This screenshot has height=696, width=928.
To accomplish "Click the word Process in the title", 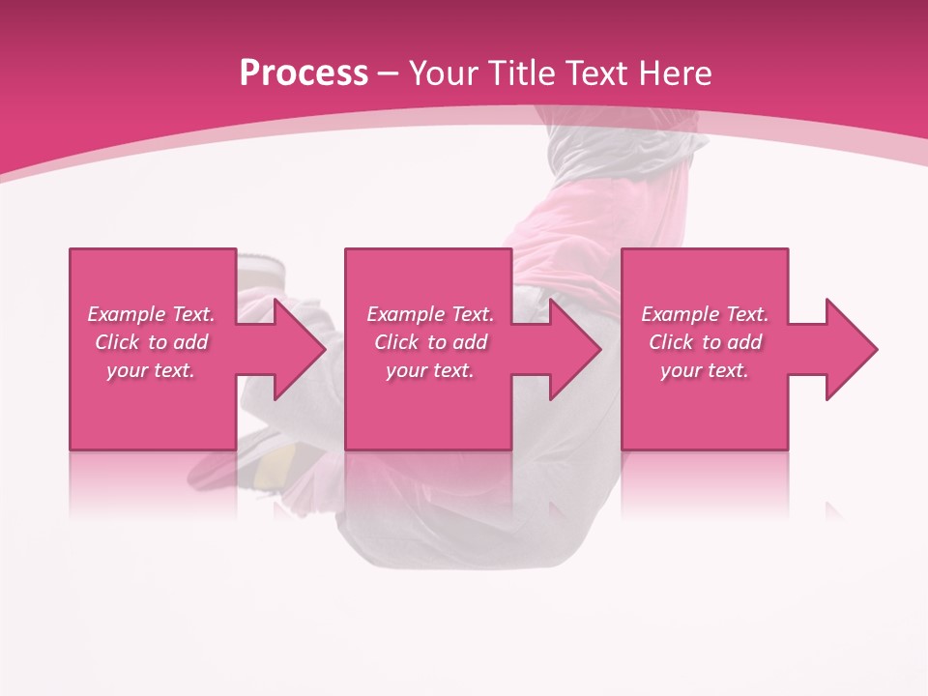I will (x=304, y=73).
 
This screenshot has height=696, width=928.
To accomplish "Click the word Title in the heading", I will (x=517, y=73).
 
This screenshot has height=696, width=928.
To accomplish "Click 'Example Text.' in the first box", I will (x=151, y=314).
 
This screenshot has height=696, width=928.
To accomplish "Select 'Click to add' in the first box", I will (x=151, y=342).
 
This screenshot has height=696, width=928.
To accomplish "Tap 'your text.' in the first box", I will (x=151, y=370).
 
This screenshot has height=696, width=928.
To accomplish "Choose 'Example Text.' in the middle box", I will (x=430, y=314).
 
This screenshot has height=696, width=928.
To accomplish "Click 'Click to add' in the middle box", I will (x=430, y=342).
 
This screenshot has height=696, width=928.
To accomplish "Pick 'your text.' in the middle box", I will (x=430, y=370).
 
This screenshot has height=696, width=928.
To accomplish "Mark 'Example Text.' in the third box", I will (x=705, y=314).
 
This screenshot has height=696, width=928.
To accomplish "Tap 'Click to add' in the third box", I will (x=705, y=342).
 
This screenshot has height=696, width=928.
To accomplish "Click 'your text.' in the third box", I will (x=705, y=370).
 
